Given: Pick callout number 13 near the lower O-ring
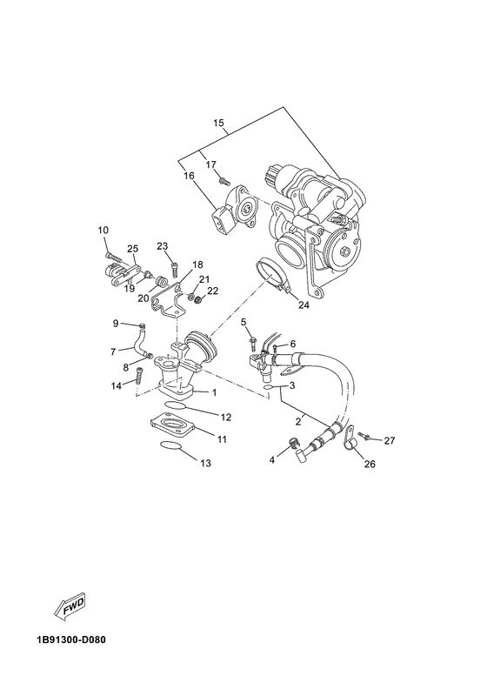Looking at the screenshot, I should [x=205, y=464].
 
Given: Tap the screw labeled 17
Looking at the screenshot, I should [x=223, y=181].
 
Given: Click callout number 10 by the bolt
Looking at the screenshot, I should [x=103, y=230].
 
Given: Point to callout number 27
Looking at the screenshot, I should [x=389, y=440].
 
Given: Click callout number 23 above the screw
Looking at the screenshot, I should [x=162, y=246].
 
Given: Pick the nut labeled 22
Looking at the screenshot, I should [x=197, y=301].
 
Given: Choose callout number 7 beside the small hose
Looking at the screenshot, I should [x=112, y=351].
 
